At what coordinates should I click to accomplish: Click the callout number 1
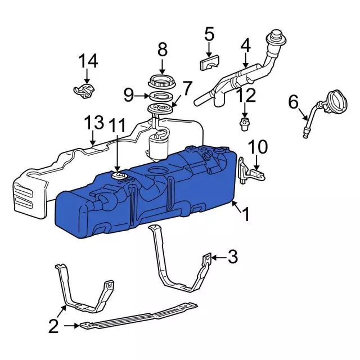click(246, 214)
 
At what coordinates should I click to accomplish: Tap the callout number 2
click(53, 325)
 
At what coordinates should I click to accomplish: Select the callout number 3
click(232, 258)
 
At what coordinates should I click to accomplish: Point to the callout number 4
click(245, 44)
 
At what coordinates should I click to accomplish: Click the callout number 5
click(209, 35)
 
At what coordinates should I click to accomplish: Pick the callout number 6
click(292, 102)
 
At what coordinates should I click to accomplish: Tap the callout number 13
click(94, 123)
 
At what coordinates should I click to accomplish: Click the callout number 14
click(88, 60)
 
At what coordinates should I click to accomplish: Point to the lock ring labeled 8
click(163, 81)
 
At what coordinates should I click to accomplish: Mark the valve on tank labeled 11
click(118, 177)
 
